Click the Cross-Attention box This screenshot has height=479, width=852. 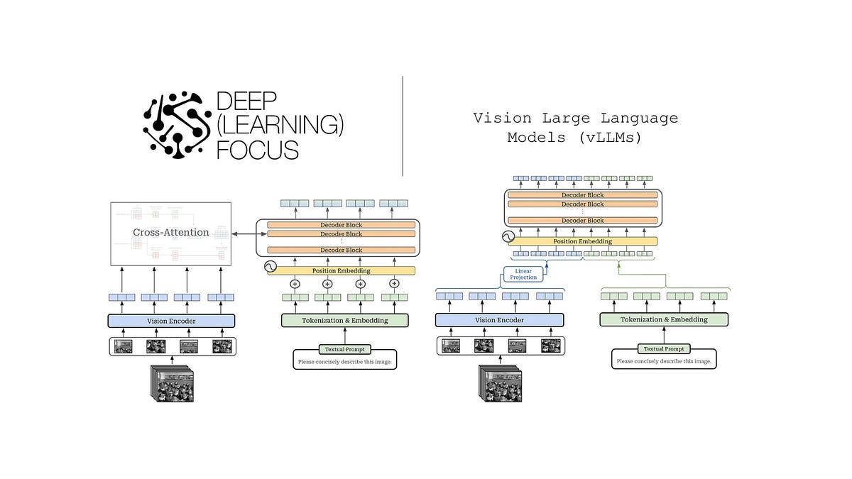[x=171, y=233]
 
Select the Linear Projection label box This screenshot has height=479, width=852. [x=524, y=273]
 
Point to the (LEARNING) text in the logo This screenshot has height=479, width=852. [x=280, y=126]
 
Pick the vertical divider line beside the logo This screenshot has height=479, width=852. [x=403, y=126]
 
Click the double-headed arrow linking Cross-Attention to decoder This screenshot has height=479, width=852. [x=244, y=233]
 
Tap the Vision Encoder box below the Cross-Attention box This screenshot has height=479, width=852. [x=171, y=321]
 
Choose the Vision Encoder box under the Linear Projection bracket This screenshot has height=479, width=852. [x=500, y=320]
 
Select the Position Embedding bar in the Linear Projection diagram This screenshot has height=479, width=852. [x=581, y=241]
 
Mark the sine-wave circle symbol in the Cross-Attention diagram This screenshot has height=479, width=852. [x=270, y=267]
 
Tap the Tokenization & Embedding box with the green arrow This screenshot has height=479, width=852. [x=664, y=319]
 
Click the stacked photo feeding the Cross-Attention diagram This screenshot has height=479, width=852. [x=170, y=384]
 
